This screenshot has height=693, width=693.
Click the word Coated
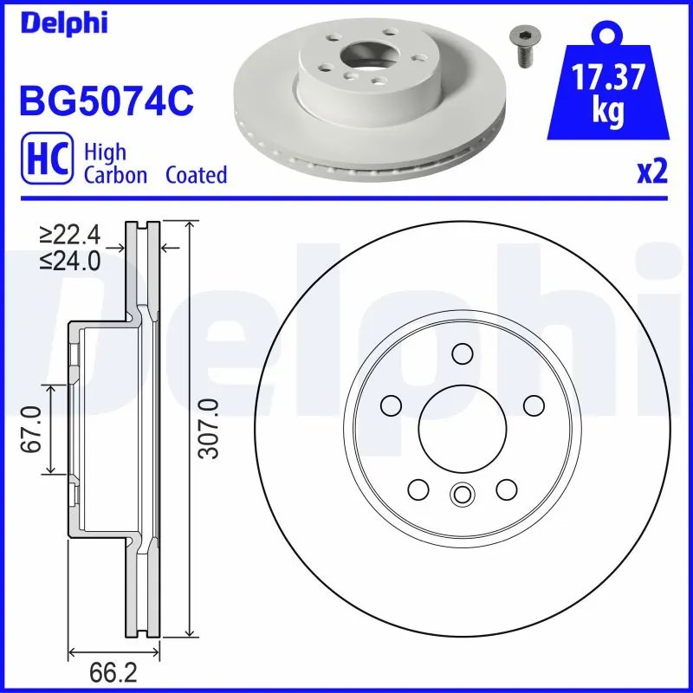[x=196, y=175]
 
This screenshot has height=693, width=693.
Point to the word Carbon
[x=116, y=175]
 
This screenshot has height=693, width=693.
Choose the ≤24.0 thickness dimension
[x=70, y=259]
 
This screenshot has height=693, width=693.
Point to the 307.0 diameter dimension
[x=206, y=429]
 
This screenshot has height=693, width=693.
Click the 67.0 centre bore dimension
[x=32, y=430]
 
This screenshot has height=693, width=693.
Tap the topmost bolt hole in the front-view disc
[x=462, y=353]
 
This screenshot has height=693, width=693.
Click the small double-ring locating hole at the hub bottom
[x=461, y=495]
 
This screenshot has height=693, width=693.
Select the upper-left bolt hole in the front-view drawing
[x=392, y=405]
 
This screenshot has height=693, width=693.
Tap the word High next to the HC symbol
[x=105, y=152]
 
